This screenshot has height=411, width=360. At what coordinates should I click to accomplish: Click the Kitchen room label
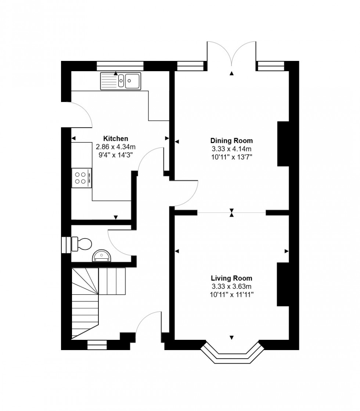pyautogui.click(x=115, y=138)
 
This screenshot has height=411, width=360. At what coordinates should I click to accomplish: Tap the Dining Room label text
pyautogui.click(x=231, y=141)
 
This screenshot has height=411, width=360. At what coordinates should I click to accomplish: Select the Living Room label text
pyautogui.click(x=231, y=278)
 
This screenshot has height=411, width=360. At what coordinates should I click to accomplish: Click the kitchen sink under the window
pyautogui.click(x=120, y=81)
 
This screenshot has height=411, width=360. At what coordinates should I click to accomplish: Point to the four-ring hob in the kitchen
pyautogui.click(x=81, y=178)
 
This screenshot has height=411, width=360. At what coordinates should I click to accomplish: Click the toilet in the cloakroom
pyautogui.click(x=83, y=244)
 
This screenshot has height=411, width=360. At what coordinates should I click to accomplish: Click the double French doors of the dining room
pyautogui.click(x=231, y=55)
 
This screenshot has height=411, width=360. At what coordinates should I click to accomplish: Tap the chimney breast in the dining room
pyautogui.click(x=283, y=144)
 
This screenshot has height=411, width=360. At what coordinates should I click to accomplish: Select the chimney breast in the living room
pyautogui.click(x=283, y=284)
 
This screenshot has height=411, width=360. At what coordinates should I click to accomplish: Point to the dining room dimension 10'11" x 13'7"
pyautogui.click(x=231, y=157)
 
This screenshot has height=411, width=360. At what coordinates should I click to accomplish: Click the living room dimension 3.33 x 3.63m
pyautogui.click(x=231, y=287)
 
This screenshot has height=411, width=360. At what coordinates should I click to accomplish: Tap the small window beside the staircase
pyautogui.click(x=97, y=345)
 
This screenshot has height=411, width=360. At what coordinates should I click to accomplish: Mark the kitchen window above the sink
pyautogui.click(x=120, y=66)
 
